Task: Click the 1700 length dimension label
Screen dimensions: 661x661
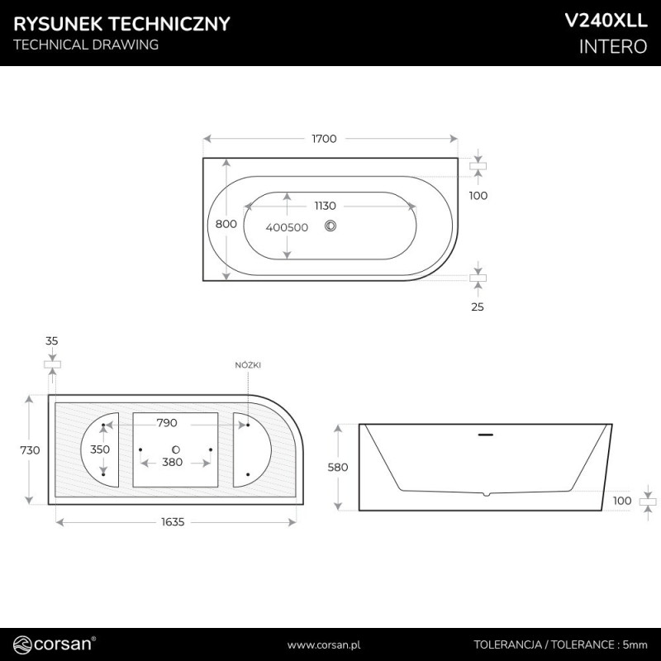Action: (x=324, y=139)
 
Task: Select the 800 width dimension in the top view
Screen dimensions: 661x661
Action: (x=226, y=224)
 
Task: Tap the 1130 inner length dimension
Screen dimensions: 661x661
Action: (x=325, y=206)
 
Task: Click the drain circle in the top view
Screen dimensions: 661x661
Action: (x=330, y=226)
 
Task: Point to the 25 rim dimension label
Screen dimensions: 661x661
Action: (x=478, y=307)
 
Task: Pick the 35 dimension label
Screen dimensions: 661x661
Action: (x=51, y=340)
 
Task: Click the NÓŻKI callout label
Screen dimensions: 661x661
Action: (x=248, y=365)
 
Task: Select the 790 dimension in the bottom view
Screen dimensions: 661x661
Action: (x=167, y=423)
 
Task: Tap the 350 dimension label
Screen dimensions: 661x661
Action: (x=100, y=449)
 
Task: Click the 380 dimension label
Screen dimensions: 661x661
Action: (x=173, y=463)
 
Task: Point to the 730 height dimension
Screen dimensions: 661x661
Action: (x=30, y=450)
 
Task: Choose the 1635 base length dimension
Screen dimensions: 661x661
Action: (x=173, y=522)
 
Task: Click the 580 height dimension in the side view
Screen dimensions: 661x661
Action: (x=338, y=467)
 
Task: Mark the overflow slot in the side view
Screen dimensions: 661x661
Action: (x=485, y=435)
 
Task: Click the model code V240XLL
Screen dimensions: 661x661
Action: (x=606, y=21)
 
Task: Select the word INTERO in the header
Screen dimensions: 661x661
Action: (x=613, y=46)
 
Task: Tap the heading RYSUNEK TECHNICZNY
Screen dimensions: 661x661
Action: (x=121, y=24)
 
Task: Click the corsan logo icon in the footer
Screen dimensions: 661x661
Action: (x=22, y=645)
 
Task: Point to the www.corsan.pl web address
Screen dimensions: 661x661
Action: (x=324, y=645)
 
